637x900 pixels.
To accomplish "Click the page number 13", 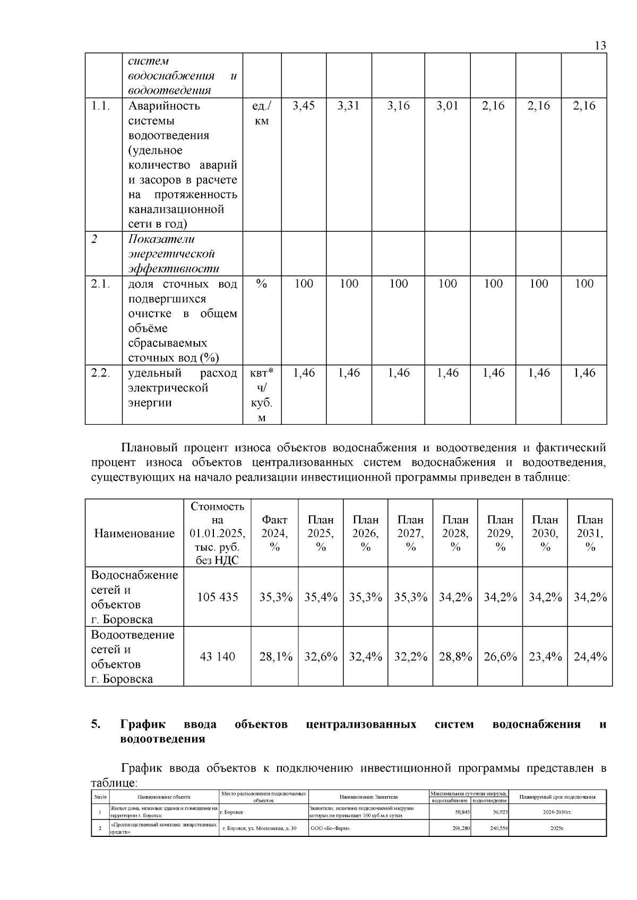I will pos(600,46).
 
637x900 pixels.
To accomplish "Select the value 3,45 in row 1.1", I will pos(304,106).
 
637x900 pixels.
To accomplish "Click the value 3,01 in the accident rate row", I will pos(447,106).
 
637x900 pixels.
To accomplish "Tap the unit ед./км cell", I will pos(261,113).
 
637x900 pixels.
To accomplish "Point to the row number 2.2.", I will pos(100,373).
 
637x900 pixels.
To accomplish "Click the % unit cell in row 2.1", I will pos(261,284).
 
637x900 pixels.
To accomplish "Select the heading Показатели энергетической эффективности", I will pos(174,254).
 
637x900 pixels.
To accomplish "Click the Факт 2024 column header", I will pos(274,533).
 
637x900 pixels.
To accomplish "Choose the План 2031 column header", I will pos(590,533).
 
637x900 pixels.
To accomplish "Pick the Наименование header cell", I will pos(134,534).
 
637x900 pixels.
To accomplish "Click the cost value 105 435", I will pos(218,597).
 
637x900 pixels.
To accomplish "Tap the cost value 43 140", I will pos(218,657).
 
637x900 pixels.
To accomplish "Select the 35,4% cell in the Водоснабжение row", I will pos(321,597).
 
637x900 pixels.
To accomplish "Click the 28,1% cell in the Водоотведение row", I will pos(276,657).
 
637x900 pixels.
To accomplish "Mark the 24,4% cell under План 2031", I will pos(590,657).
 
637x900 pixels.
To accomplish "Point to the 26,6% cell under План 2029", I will pos(500,657).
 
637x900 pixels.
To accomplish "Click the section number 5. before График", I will pos(96,724).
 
